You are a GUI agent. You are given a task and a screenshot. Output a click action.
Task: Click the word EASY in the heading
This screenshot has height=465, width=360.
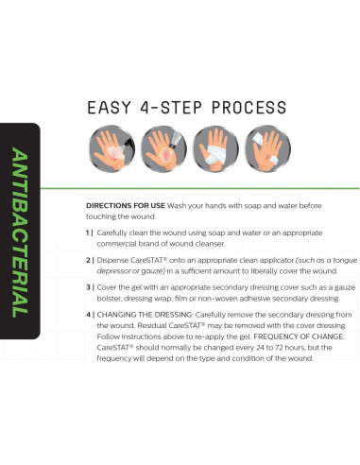point(109,108)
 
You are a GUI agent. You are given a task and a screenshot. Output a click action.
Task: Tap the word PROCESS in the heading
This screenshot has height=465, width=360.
point(249,108)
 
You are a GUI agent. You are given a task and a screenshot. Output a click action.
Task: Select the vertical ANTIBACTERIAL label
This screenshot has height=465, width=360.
point(19,232)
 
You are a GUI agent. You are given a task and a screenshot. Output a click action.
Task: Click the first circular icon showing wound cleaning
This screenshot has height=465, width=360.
point(111,148)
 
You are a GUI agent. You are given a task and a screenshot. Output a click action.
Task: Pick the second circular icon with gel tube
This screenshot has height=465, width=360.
point(163,148)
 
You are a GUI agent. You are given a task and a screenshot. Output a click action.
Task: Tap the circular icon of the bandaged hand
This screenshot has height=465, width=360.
point(215,148)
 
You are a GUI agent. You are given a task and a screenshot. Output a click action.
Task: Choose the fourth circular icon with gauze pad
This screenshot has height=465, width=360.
point(267,148)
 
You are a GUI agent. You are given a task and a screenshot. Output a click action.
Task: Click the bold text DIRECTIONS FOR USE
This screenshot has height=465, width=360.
point(126,206)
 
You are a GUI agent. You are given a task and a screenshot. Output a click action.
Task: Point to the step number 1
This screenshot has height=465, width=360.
point(88,232)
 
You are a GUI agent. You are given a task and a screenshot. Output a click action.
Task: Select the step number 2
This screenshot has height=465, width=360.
point(88,260)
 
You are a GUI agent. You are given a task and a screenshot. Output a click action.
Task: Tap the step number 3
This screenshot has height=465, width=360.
point(88,287)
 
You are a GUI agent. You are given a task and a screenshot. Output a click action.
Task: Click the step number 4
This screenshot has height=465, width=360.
point(88,315)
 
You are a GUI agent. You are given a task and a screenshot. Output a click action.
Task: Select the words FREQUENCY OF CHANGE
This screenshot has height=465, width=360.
point(300,336)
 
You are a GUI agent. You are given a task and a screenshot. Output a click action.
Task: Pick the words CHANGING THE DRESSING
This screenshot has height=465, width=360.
point(145,315)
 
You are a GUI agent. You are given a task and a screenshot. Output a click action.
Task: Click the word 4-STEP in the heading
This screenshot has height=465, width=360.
point(170,108)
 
